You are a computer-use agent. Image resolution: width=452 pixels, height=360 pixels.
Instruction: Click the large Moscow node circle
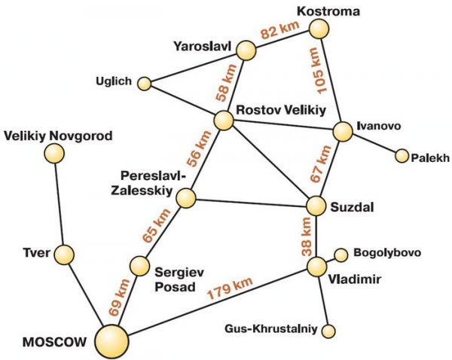coord(111,342)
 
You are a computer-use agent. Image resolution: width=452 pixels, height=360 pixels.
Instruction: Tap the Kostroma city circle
coord(319,29)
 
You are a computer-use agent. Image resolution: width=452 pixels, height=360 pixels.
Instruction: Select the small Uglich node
coord(144,84)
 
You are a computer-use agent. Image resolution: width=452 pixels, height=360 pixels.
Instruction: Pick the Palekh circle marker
coord(402,156)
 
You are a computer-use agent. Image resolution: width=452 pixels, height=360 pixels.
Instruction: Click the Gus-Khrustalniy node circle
coord(328,331)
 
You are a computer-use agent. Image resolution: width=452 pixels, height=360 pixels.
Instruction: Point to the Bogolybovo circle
coord(341,255)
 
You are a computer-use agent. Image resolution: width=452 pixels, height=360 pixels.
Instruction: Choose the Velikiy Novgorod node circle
coord(54,154)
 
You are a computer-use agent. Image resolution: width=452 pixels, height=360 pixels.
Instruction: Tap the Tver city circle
coord(64,255)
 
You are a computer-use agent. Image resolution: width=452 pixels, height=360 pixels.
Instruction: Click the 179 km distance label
coord(230,288)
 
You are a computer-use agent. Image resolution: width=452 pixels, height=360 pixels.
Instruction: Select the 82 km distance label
coord(280,30)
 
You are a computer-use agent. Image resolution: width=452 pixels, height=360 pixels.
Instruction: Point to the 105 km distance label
coord(318,71)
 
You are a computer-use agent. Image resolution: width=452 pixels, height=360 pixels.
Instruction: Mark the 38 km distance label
coord(306,236)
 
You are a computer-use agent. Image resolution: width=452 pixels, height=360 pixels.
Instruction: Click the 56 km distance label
coord(199,148)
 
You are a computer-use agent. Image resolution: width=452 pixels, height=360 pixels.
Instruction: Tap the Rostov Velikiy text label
coord(281,110)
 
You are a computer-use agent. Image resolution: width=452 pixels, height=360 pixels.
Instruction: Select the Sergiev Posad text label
coord(179,279)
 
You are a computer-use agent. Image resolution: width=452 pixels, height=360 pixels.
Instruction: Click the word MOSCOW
coord(54,342)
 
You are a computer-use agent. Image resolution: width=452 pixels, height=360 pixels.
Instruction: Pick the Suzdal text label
coord(352,207)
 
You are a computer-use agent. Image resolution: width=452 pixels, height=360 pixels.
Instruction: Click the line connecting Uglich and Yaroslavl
coord(194,68)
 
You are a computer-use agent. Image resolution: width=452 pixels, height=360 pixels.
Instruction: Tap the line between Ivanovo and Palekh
coord(374,145)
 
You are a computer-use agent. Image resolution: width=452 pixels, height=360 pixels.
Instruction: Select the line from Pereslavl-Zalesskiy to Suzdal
coord(251,203)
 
